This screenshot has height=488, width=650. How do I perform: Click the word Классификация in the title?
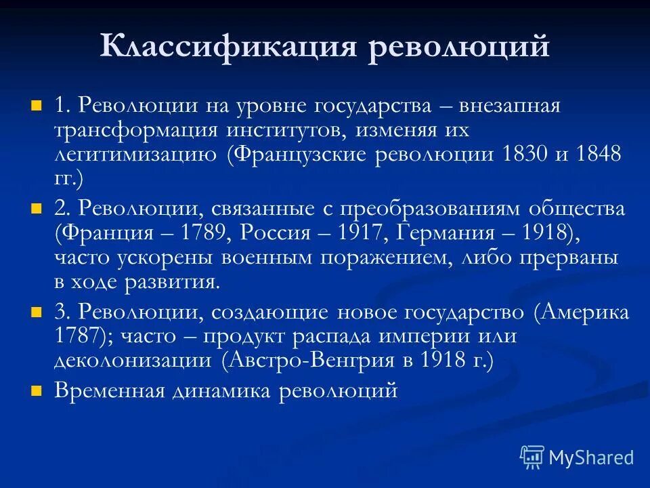point(227,48)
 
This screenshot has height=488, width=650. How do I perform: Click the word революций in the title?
point(458,48)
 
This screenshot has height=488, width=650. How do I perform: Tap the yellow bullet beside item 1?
point(37,106)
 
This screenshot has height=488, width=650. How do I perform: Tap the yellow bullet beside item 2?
point(37,208)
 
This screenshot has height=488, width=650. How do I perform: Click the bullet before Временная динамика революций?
point(37,391)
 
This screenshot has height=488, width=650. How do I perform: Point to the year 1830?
point(525,154)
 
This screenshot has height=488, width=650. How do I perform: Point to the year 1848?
point(598,154)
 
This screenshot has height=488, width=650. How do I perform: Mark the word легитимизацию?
point(135,154)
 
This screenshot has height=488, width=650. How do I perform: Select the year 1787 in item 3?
point(75,336)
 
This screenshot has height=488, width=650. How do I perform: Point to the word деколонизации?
point(133,361)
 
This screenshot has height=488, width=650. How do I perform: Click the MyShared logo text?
point(591,457)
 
